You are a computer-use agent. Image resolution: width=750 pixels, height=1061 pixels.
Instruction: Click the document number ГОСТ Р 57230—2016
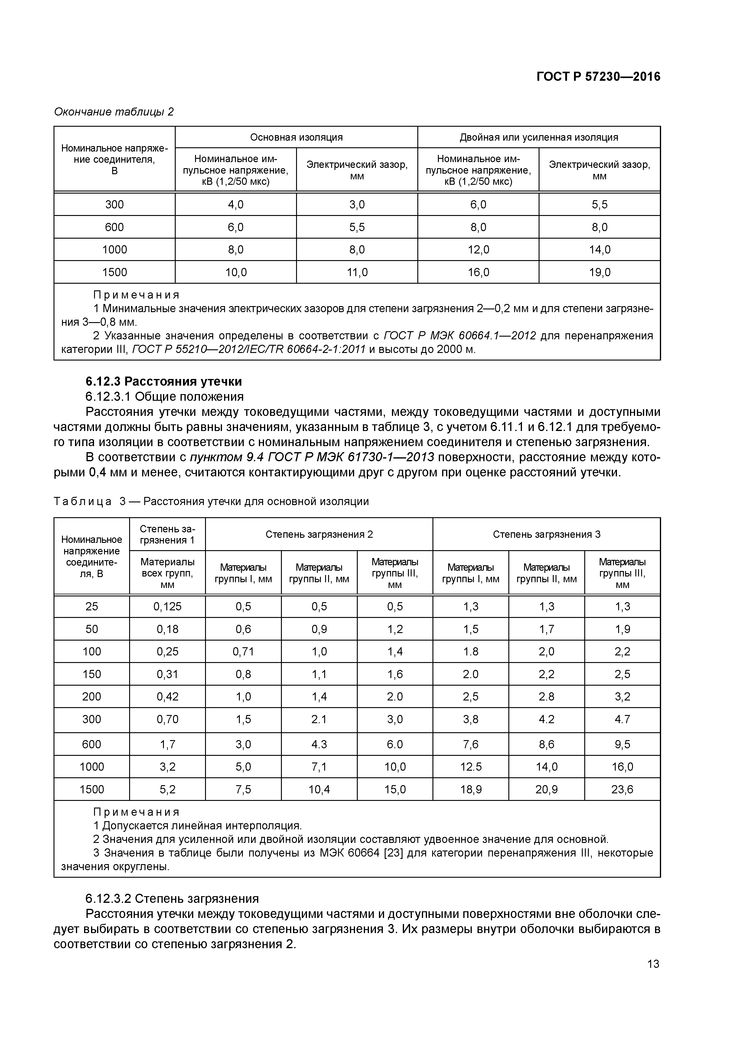click(598, 77)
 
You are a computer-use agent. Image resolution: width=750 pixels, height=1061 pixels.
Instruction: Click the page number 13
click(653, 964)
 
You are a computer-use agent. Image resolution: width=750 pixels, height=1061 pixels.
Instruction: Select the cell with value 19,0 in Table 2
click(599, 273)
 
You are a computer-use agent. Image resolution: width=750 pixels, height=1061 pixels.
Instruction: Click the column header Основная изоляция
click(296, 137)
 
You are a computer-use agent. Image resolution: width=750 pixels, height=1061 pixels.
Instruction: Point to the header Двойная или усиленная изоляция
click(539, 137)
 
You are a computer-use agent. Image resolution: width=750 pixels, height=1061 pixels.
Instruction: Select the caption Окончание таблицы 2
click(114, 112)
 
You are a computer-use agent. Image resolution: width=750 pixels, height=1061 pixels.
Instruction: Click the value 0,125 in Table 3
click(167, 607)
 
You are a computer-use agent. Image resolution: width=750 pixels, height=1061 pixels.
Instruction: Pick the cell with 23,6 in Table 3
click(622, 790)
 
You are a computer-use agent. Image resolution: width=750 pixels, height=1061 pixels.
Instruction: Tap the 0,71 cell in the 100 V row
click(243, 651)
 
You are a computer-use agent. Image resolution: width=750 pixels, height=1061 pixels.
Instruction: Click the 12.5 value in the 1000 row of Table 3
click(471, 767)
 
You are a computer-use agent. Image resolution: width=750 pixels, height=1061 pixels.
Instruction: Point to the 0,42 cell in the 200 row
click(167, 697)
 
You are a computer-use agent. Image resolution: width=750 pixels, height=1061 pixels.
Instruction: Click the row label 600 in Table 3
click(92, 744)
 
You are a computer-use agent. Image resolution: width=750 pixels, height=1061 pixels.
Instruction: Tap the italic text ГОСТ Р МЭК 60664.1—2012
click(460, 335)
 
